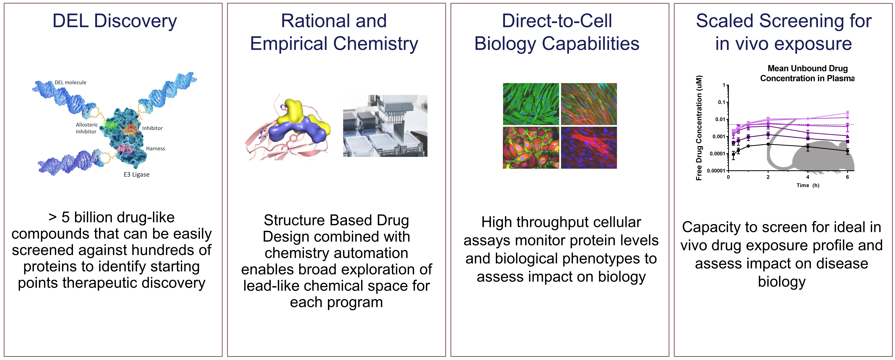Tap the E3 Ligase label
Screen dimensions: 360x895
point(137,174)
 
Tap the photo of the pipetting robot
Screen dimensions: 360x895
point(385,126)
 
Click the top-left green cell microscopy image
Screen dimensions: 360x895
point(531,104)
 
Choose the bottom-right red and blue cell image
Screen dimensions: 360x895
point(589,148)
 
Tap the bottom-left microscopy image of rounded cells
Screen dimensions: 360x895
point(531,148)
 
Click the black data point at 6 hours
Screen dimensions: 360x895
point(847,151)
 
